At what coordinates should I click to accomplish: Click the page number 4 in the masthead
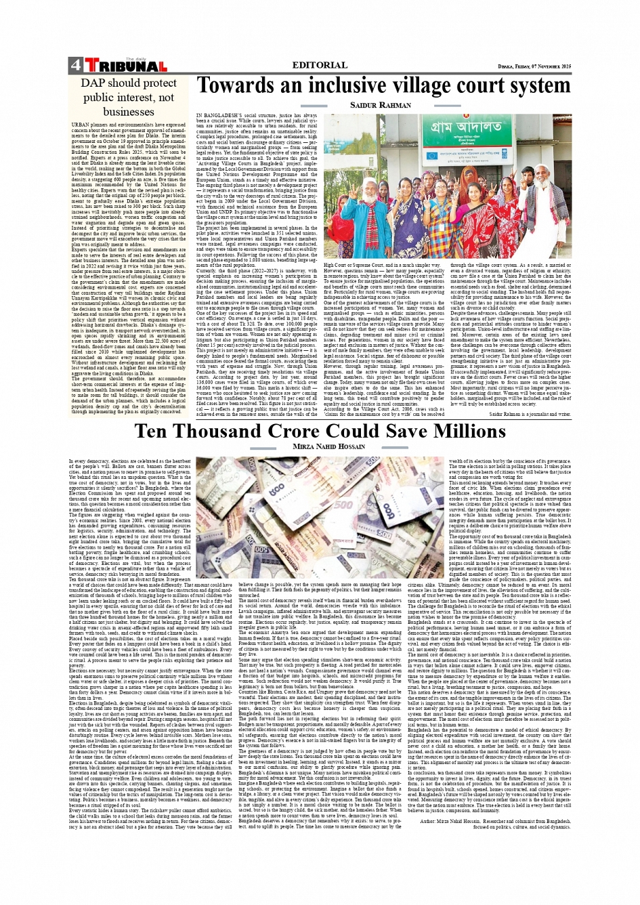pyautogui.click(x=74, y=66)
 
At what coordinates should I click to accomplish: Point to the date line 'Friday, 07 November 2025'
pyautogui.click(x=534, y=66)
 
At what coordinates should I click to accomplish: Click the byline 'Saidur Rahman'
pyautogui.click(x=381, y=106)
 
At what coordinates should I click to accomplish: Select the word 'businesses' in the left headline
pyautogui.click(x=129, y=112)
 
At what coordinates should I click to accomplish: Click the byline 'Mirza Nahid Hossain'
pyautogui.click(x=319, y=448)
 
